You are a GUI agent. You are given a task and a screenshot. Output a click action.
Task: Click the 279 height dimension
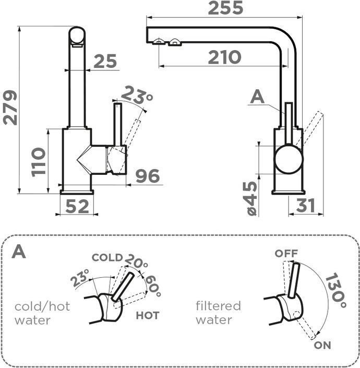click(10, 108)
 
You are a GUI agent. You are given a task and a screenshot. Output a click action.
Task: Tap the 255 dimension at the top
click(225, 8)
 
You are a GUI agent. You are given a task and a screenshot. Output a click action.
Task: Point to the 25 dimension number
click(105, 62)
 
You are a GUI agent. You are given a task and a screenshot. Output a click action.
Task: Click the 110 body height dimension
click(38, 161)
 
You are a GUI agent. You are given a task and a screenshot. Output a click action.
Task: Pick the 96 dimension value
click(147, 176)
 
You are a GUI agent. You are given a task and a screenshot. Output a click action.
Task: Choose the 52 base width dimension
click(77, 207)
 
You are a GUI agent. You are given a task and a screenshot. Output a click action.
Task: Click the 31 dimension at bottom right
click(305, 206)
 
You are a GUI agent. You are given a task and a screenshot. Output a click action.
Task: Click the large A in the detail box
click(19, 252)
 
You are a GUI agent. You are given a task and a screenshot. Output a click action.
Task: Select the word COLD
click(107, 257)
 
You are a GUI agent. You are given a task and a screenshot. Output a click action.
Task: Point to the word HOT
click(147, 315)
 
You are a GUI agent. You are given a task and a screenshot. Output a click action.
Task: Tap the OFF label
click(286, 254)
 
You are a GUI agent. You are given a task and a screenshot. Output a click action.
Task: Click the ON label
click(322, 345)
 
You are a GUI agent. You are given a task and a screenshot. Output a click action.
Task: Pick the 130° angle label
click(334, 290)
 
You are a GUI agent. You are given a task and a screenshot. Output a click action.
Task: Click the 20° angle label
click(136, 263)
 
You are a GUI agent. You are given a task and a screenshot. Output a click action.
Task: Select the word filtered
click(218, 305)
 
